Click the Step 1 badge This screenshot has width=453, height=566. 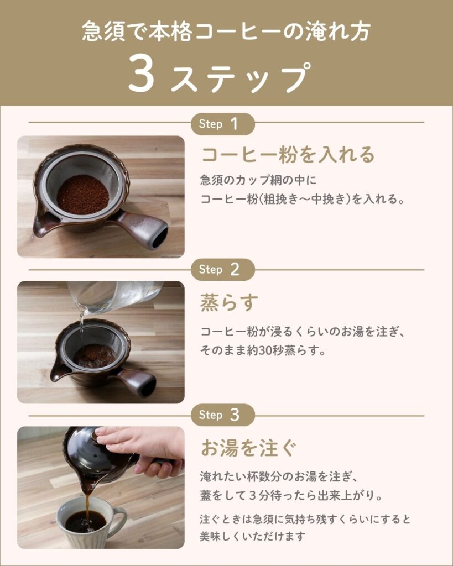(222, 124)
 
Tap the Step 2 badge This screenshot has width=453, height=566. (222, 270)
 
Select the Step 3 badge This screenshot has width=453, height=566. (222, 415)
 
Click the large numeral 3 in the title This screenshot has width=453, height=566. (142, 74)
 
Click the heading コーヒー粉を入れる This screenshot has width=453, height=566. (288, 155)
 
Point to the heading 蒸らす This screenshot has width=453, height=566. (230, 302)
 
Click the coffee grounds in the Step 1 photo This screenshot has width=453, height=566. (83, 195)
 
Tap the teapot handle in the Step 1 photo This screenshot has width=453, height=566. (143, 228)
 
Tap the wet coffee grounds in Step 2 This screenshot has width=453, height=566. (95, 356)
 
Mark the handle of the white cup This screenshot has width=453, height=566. (120, 520)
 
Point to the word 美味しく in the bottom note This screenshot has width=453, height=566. (220, 536)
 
